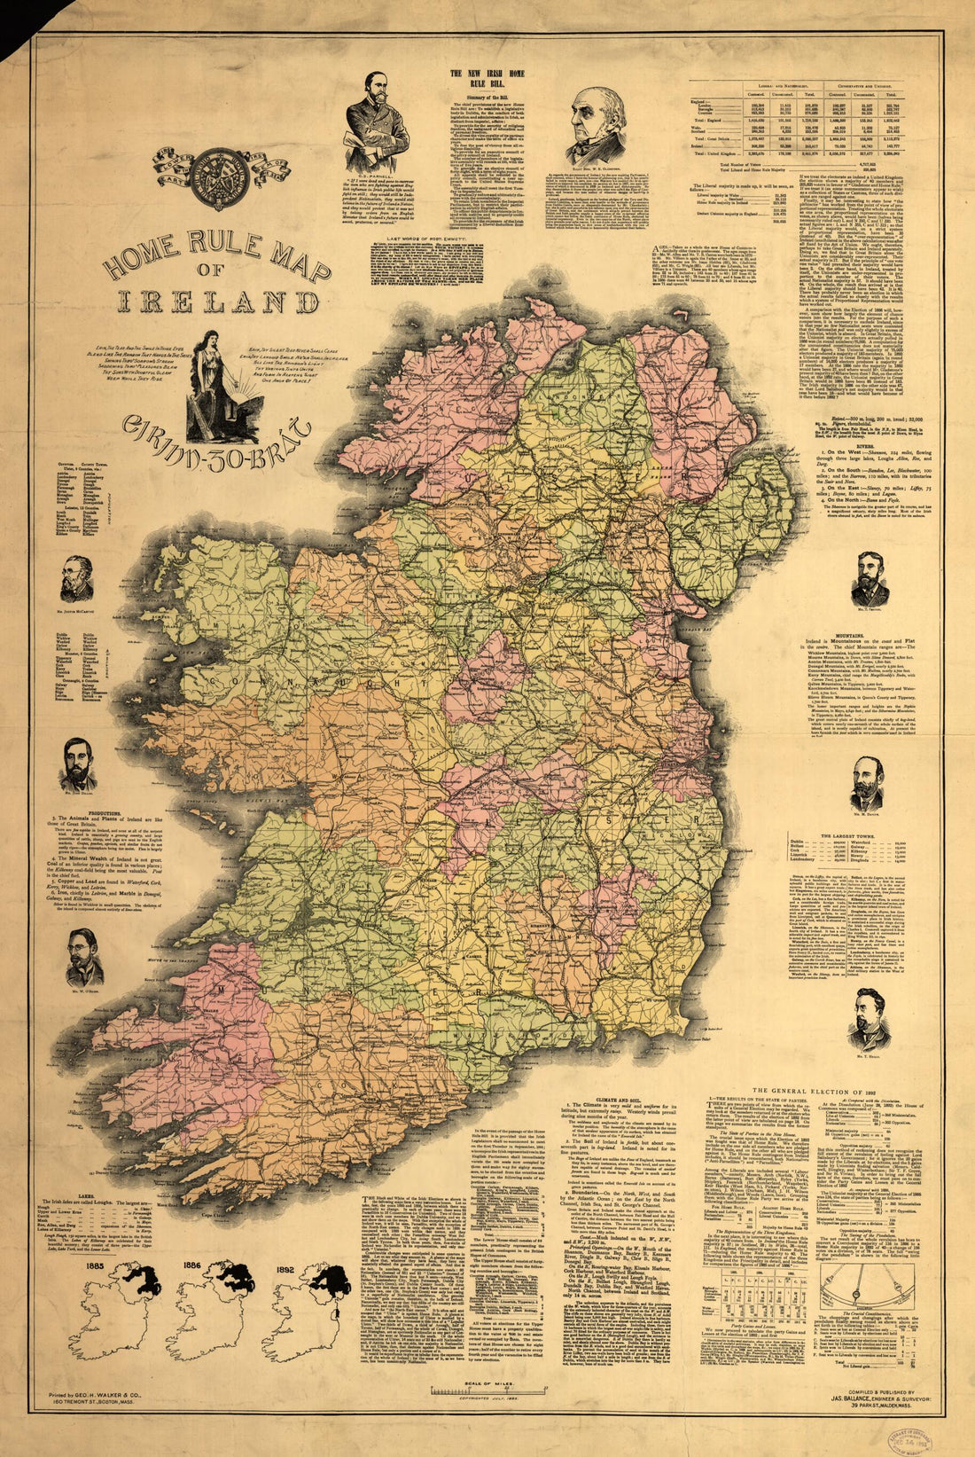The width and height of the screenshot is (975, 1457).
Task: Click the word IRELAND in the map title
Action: [x=217, y=302]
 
